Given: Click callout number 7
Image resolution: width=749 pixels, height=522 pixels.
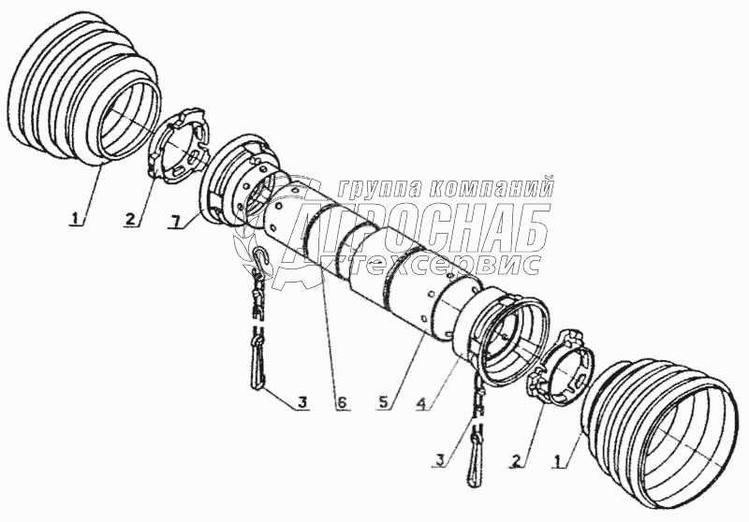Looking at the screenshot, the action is [176, 221].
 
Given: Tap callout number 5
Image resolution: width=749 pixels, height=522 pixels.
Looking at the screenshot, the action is [382, 403].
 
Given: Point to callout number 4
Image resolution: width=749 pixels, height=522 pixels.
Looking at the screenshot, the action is [420, 403].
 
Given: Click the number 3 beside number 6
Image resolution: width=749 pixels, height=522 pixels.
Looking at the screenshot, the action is [301, 403].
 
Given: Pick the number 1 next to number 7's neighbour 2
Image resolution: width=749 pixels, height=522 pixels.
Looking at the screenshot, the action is [75, 219].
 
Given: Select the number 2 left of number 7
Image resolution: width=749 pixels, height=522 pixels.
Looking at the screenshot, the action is [130, 220].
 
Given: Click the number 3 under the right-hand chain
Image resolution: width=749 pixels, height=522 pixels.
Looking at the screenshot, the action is [439, 460].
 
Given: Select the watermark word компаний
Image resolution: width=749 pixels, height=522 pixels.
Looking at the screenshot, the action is [492, 187].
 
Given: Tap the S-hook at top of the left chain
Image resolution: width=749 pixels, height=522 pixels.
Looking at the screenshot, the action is [261, 262].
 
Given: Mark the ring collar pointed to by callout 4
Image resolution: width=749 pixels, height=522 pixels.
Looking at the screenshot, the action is [497, 340].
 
